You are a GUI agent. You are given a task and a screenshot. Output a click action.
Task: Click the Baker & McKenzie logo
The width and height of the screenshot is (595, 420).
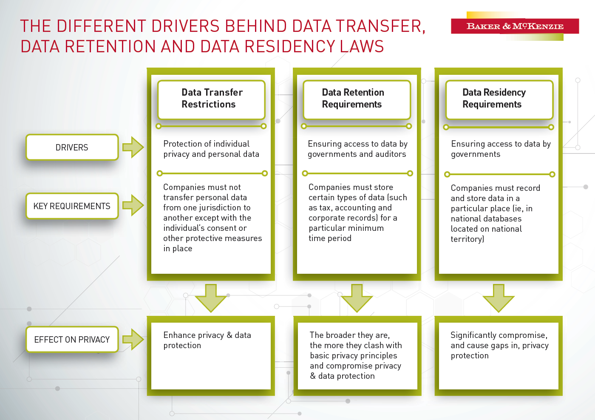515,26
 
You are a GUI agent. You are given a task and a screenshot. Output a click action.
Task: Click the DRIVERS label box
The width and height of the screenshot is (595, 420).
72,147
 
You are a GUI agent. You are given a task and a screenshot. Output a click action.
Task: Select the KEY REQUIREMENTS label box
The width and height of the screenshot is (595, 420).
72,206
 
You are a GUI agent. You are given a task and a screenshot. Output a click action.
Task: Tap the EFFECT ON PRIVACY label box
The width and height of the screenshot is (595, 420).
72,339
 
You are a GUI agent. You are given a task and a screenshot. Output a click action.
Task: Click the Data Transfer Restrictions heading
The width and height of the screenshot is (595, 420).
212,98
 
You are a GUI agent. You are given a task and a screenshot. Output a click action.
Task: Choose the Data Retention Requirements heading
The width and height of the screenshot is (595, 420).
353,98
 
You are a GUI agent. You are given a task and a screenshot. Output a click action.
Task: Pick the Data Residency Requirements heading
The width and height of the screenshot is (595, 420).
494,98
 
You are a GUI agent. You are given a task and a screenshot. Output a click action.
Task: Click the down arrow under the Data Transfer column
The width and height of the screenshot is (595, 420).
211,298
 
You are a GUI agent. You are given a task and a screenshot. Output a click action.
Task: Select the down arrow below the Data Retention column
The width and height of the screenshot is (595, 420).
357,298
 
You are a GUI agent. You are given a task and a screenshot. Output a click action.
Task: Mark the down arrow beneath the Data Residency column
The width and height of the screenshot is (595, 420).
499,298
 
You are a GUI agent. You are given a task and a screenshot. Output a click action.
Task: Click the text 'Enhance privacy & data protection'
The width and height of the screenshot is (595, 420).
207,340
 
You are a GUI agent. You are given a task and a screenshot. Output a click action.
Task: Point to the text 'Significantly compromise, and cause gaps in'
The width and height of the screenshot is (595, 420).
499,340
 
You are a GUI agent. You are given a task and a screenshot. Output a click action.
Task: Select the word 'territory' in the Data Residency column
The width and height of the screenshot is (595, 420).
467,239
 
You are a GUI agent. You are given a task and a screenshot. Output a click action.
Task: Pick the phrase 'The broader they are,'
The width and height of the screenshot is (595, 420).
350,335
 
